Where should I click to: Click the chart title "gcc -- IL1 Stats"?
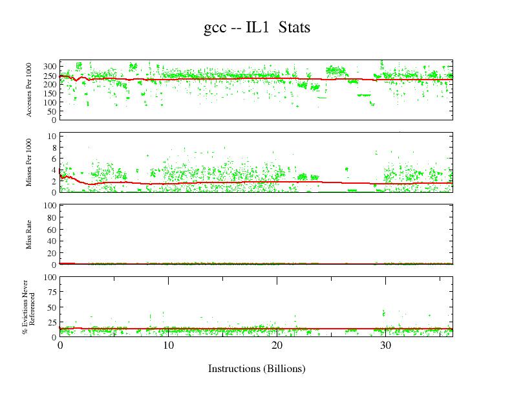pyautogui.click(x=257, y=28)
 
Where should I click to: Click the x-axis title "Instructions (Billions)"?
pyautogui.click(x=256, y=368)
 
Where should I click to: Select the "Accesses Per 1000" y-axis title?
pyautogui.click(x=30, y=90)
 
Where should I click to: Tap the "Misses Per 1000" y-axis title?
pyautogui.click(x=30, y=162)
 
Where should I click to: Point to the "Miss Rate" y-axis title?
pyautogui.click(x=30, y=234)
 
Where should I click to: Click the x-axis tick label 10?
pyautogui.click(x=168, y=346)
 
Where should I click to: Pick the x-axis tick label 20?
pyautogui.click(x=277, y=346)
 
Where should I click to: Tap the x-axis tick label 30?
pyautogui.click(x=385, y=346)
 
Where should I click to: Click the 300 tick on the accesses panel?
pyautogui.click(x=50, y=67)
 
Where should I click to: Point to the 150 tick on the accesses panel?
pyautogui.click(x=50, y=93)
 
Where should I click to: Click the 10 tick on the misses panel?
pyautogui.click(x=52, y=136)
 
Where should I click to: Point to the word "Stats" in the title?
pyautogui.click(x=296, y=28)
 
